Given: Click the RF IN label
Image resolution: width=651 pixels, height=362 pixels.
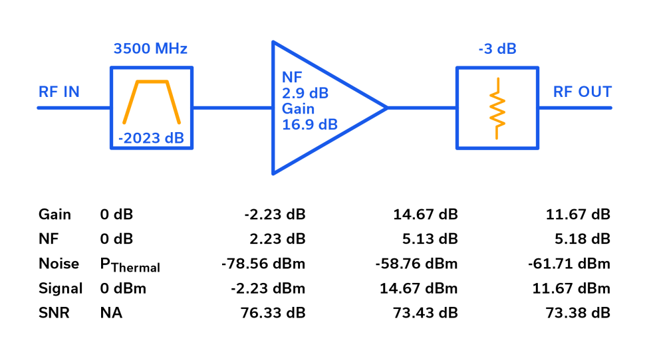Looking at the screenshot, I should (x=59, y=92).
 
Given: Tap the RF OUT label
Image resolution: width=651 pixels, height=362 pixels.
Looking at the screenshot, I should (x=583, y=92).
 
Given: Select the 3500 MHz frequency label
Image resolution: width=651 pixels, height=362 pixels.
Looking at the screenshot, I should (x=150, y=48).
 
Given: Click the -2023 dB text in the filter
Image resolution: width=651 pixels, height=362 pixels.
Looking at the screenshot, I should (x=151, y=138).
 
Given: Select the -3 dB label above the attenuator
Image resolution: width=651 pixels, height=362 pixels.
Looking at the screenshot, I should (x=497, y=49).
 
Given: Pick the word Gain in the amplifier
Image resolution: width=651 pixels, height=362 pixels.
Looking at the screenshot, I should (x=298, y=109).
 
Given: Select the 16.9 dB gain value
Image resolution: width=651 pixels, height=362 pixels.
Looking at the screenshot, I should (x=309, y=124).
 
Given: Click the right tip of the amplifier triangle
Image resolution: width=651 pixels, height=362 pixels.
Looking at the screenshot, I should (x=386, y=108).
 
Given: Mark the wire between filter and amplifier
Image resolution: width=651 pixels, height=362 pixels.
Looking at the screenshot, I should (x=232, y=108).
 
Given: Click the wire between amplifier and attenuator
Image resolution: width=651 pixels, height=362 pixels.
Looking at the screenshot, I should (x=421, y=108).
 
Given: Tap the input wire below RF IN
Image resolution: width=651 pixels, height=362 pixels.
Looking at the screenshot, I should (x=73, y=108).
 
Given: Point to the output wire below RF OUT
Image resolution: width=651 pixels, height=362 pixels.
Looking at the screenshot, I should (x=575, y=108).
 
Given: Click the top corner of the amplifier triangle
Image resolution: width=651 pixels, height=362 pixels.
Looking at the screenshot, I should (x=273, y=43).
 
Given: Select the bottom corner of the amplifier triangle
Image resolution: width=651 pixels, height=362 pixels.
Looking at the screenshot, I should (x=273, y=173).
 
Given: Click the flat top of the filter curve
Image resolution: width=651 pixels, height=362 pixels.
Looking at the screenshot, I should (x=152, y=82).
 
